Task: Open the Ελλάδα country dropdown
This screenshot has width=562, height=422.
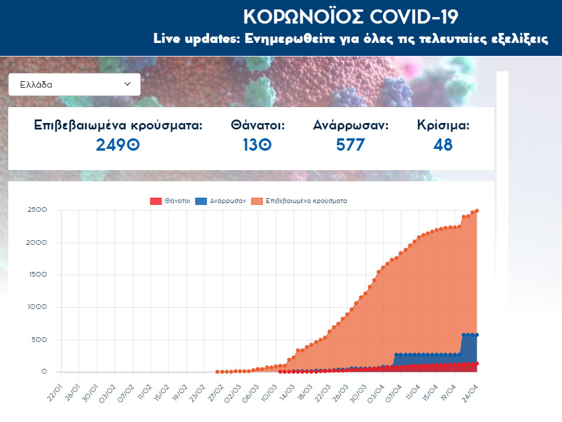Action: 75,84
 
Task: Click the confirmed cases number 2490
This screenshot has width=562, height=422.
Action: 118,144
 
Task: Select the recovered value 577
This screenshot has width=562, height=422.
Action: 351,144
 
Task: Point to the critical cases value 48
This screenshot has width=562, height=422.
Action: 443,144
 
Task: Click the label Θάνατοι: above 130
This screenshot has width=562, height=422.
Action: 258,125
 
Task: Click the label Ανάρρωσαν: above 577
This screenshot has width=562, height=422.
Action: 351,125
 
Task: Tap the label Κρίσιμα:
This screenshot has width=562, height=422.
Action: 443,125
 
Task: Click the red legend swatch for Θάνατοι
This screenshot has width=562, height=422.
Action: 156,201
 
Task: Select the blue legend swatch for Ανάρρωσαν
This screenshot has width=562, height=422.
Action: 201,201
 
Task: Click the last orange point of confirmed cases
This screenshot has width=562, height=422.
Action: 477,211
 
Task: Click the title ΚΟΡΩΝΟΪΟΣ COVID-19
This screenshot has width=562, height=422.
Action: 350,16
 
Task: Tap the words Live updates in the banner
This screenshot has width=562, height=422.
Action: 187,39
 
